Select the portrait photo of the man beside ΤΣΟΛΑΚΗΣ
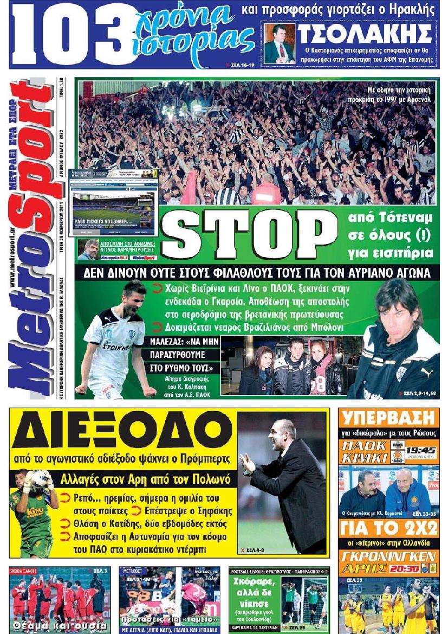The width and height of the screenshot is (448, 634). [x=280, y=44]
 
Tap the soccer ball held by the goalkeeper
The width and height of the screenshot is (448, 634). [x=38, y=478]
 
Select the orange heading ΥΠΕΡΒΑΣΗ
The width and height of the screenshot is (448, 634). [x=388, y=419]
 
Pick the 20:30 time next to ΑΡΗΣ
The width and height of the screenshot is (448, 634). [x=413, y=570]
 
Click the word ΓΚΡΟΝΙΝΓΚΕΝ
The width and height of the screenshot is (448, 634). [x=388, y=556]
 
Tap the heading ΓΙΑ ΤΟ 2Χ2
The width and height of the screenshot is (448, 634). [x=388, y=528]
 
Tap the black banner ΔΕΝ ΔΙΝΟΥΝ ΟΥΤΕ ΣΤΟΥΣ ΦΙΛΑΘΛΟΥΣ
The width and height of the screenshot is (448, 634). [x=258, y=272]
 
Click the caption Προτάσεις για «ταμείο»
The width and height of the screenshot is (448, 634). [x=170, y=619]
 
